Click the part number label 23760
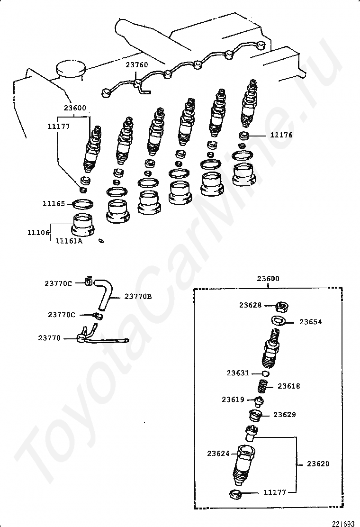coord(136,65)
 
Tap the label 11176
coord(281,135)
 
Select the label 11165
coord(54,204)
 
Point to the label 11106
coord(38,232)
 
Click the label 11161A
coord(69,241)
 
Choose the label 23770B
coord(138,297)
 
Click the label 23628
coord(250,305)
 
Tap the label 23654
coord(311,322)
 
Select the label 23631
coord(237,373)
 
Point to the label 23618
coord(289,386)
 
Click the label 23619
coord(233,400)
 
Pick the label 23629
coord(285,415)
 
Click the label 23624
coord(218,454)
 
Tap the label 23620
coord(318,464)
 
